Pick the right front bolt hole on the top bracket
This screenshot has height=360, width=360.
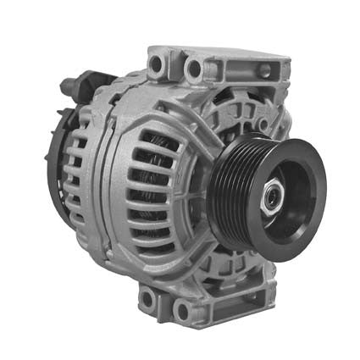pos(194,68)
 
